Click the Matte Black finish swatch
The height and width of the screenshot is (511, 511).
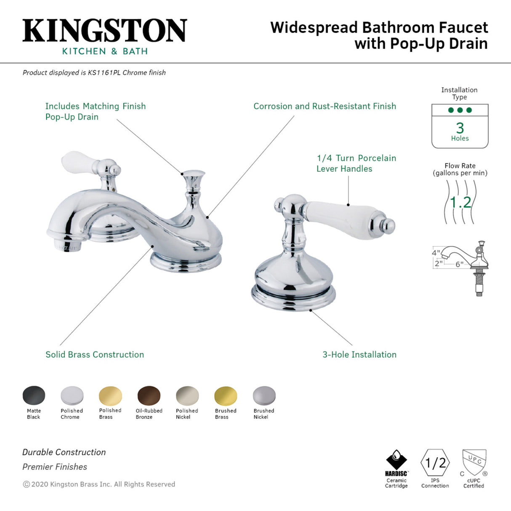34,396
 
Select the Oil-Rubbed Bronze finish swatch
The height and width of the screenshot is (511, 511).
149,396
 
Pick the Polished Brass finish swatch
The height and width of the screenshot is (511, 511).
110,396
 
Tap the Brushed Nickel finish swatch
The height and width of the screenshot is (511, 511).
264,396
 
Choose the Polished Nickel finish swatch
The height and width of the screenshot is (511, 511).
187,396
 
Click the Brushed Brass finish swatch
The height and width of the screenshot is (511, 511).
226,396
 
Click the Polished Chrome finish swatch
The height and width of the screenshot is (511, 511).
72,396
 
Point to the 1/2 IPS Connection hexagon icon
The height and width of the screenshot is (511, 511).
435,463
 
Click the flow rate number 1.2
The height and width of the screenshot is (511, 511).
460,202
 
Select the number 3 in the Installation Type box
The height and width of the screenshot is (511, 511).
460,128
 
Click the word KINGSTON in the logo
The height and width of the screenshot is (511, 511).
104,31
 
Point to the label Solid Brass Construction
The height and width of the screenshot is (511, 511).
95,355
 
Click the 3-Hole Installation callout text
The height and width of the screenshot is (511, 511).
359,355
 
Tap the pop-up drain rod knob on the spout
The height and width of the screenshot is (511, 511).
194,174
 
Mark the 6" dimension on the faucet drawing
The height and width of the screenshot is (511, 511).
459,264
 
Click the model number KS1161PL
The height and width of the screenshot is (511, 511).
104,72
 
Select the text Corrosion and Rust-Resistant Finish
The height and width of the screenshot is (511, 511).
325,106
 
